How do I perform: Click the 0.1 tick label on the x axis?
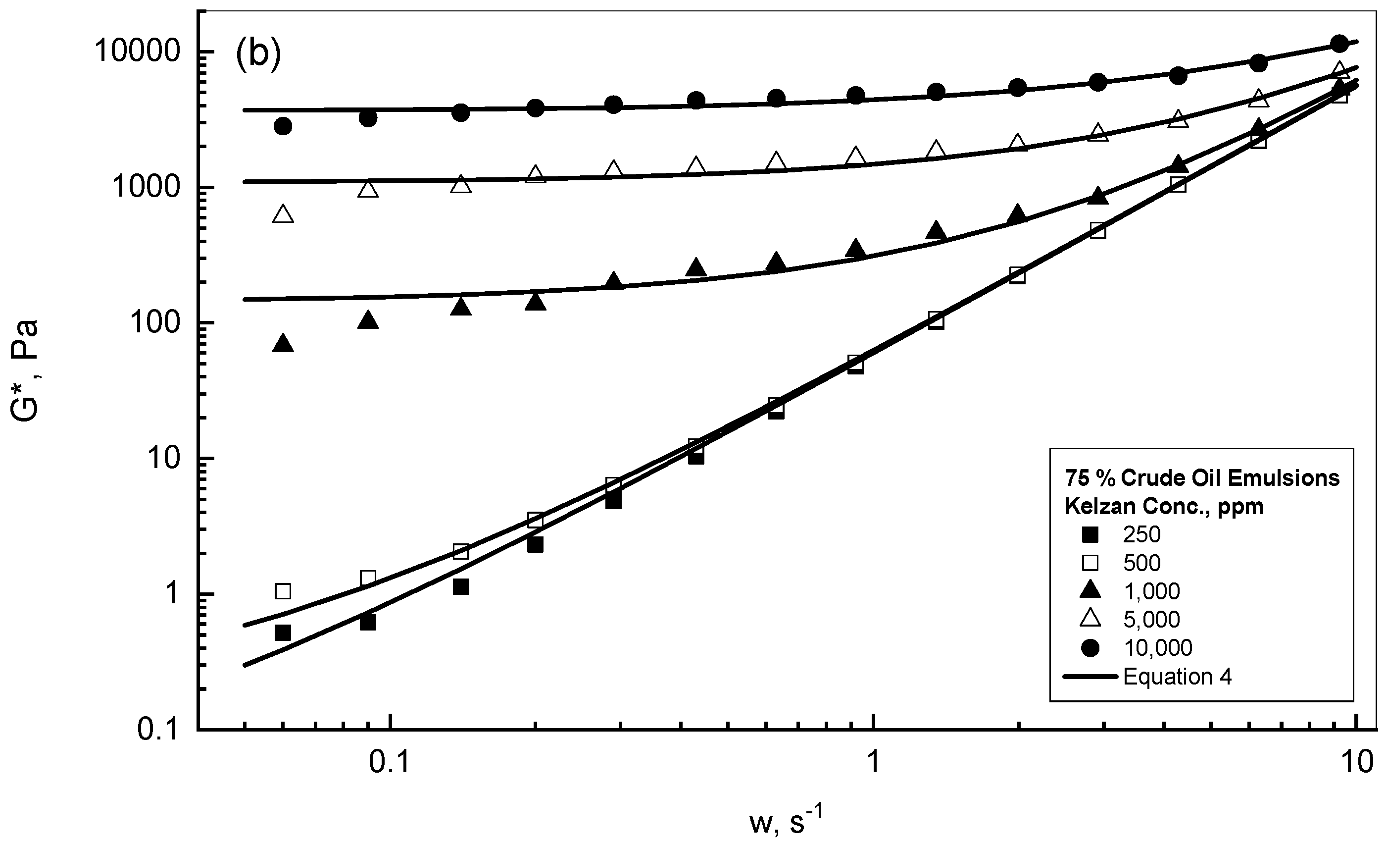click(390, 763)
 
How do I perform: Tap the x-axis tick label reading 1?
click(873, 763)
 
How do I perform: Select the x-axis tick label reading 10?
click(1357, 763)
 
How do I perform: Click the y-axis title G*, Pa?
click(25, 370)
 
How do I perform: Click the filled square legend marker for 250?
click(1090, 534)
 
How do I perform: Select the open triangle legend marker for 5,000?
click(1090, 619)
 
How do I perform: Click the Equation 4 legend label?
click(1177, 676)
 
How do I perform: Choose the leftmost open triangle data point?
click(283, 214)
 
